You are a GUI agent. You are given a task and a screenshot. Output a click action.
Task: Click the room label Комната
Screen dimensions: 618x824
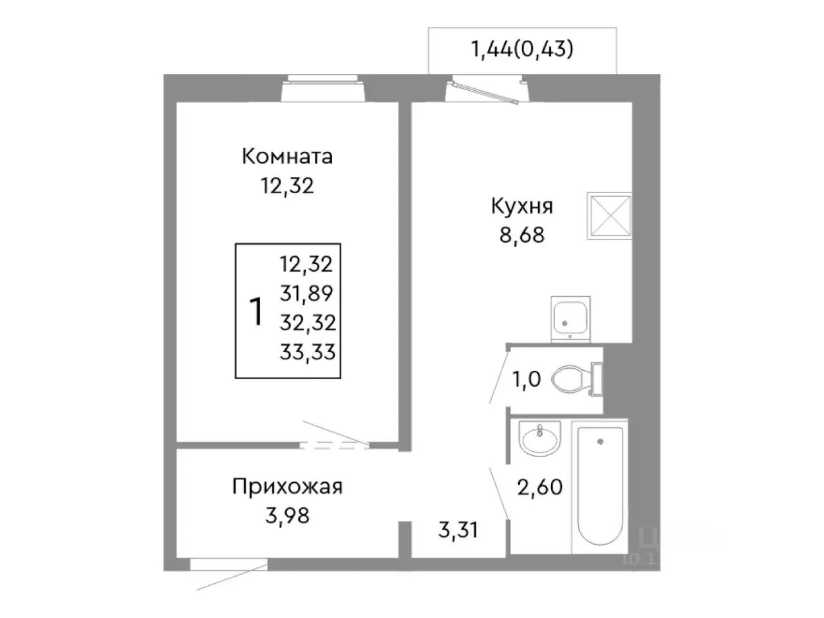[287, 156]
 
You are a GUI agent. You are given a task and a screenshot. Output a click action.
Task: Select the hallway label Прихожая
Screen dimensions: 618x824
[287, 486]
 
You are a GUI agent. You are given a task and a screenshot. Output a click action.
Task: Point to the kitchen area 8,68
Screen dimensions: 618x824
[521, 235]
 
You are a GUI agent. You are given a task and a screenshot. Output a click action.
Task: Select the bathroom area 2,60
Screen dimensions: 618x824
[540, 487]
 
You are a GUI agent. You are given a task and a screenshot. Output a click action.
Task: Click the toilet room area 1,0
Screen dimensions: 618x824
[526, 380]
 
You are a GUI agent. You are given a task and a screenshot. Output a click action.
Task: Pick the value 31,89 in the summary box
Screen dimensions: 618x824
[306, 293]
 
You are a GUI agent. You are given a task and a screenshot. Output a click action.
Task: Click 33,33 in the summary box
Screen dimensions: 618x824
[307, 351]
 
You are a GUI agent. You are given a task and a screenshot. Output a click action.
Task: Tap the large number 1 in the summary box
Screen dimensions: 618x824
[256, 312]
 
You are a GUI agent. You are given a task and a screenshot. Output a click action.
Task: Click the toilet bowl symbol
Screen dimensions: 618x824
[570, 379]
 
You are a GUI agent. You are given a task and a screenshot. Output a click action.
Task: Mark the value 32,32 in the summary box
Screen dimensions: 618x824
[307, 322]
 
